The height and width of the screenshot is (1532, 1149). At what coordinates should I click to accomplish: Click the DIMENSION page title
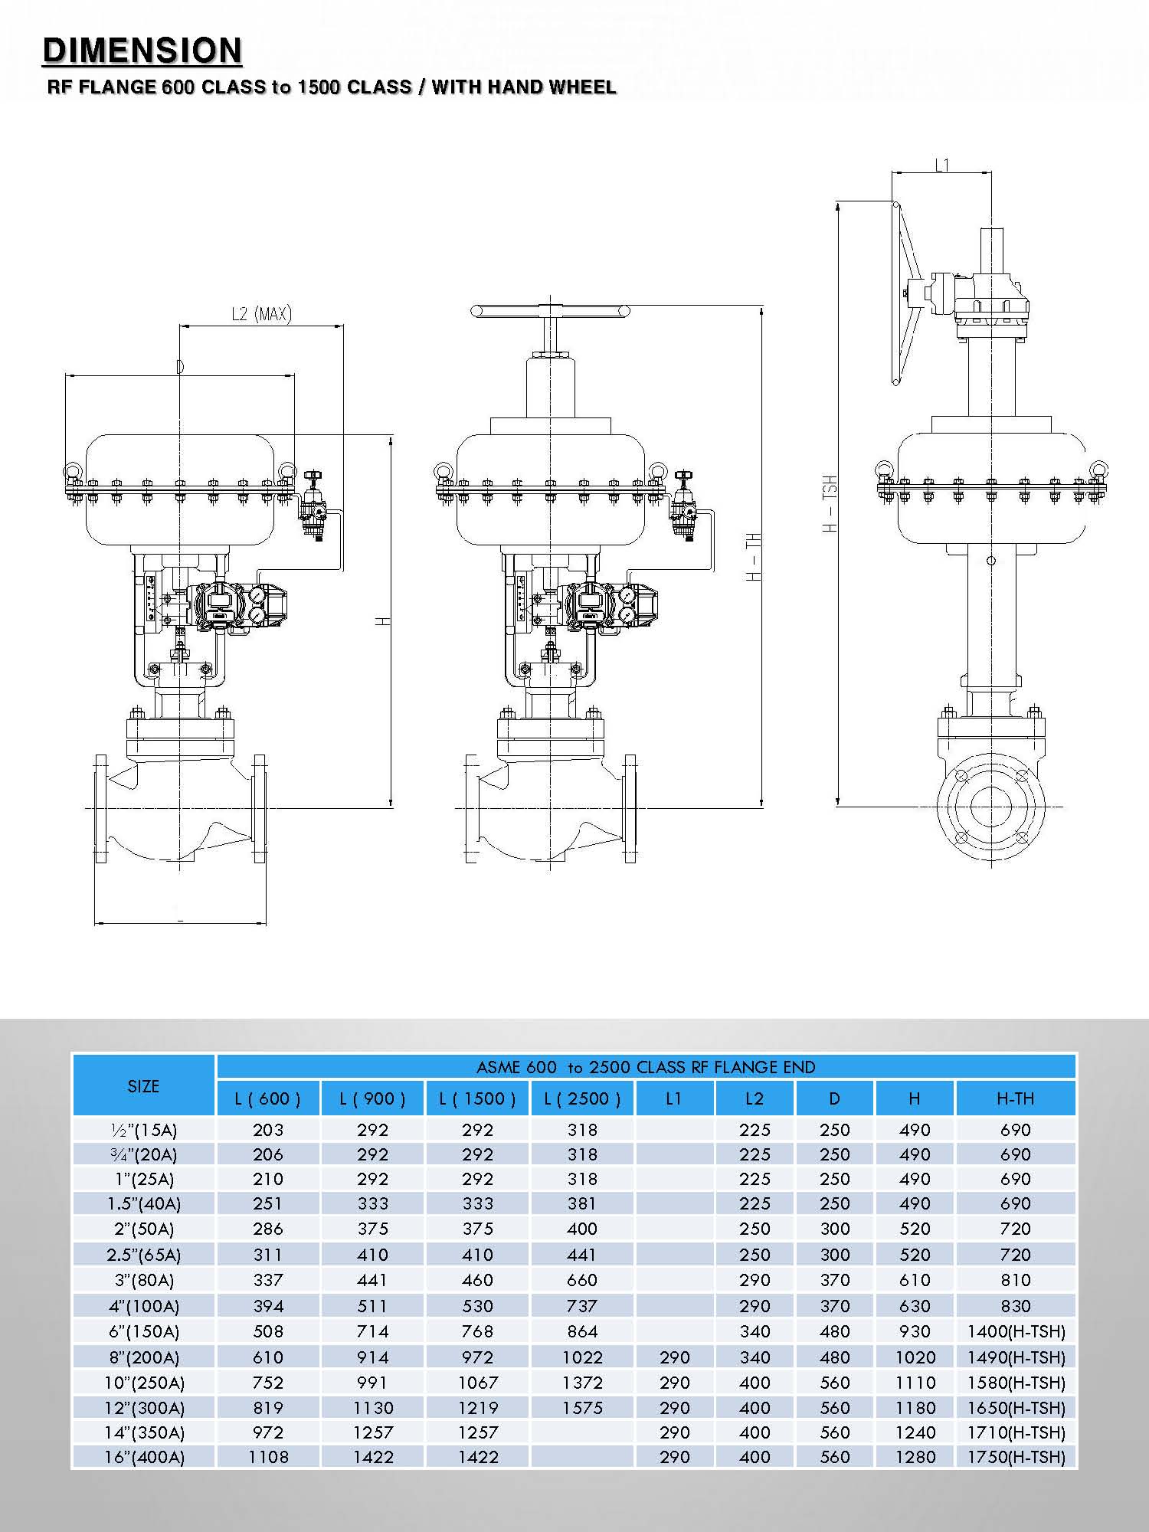click(142, 51)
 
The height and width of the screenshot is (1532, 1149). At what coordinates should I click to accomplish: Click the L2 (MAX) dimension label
click(261, 314)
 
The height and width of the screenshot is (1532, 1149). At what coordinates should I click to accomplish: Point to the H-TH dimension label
click(755, 557)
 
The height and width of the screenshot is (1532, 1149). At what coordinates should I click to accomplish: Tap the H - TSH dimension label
click(830, 503)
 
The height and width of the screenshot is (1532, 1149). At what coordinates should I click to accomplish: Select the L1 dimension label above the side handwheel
click(942, 165)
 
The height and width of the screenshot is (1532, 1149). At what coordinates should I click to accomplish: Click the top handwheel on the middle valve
click(550, 311)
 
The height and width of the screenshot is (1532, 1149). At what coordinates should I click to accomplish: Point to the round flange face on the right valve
click(991, 807)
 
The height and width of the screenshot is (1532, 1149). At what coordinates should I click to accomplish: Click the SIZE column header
click(143, 1085)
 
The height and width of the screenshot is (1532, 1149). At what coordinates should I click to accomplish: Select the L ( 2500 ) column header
click(582, 1098)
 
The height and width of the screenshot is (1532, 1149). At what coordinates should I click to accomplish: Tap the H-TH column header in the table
click(1016, 1098)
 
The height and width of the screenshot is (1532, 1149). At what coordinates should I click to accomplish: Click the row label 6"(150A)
click(144, 1331)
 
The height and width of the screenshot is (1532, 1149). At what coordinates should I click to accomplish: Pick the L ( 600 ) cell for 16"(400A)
click(268, 1457)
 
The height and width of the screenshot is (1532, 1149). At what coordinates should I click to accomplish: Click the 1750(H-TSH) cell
click(1016, 1457)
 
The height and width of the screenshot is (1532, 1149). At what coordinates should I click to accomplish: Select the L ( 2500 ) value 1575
click(582, 1408)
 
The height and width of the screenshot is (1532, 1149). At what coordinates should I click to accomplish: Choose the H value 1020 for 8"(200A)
click(915, 1357)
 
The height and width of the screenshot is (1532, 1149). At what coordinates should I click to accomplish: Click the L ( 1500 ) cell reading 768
click(477, 1331)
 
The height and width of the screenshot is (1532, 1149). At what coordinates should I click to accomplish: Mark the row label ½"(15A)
click(144, 1130)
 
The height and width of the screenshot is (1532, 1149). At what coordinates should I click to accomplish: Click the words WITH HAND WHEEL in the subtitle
click(524, 87)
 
